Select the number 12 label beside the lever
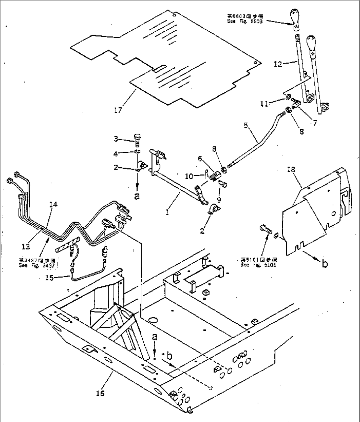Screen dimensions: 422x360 tap(278, 64)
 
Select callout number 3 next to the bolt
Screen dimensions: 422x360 tap(116, 139)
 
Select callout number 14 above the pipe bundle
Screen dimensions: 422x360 tap(53, 205)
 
